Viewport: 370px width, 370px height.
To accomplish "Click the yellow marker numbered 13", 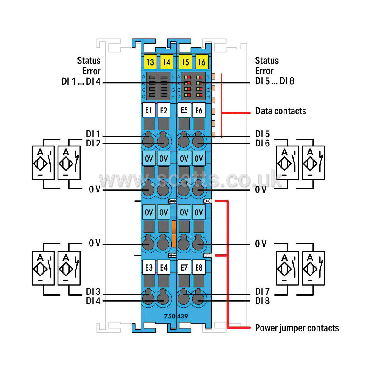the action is click(150, 62).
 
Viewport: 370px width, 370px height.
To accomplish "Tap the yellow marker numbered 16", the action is click(202, 62).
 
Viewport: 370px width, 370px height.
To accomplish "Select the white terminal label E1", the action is click(149, 110).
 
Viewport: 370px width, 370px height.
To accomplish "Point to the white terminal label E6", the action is click(199, 110).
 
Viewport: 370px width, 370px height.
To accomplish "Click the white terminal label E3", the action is click(149, 267).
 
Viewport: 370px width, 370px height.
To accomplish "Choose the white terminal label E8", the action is click(199, 267).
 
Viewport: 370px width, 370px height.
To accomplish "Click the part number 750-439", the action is click(176, 316).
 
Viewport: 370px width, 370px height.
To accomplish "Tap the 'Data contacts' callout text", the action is click(280, 111).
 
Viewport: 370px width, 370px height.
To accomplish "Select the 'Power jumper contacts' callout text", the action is click(297, 328).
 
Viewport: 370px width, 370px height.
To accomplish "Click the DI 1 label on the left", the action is click(93, 134).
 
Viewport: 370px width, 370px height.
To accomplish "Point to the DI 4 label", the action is click(93, 301).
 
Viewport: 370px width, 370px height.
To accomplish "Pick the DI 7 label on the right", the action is click(262, 292).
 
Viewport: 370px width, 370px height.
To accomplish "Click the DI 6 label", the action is click(262, 143).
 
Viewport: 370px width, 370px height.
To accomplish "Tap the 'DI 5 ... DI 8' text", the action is click(275, 81).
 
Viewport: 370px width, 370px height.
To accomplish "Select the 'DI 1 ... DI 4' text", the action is click(81, 81).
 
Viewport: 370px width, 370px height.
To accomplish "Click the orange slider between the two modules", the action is click(174, 234).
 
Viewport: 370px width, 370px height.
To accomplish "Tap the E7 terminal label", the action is click(184, 267).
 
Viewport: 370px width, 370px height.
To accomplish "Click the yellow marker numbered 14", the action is click(167, 62).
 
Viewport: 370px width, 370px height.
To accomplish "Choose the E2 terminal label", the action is click(164, 110).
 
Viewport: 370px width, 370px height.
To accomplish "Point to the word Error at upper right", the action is click(264, 71).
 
